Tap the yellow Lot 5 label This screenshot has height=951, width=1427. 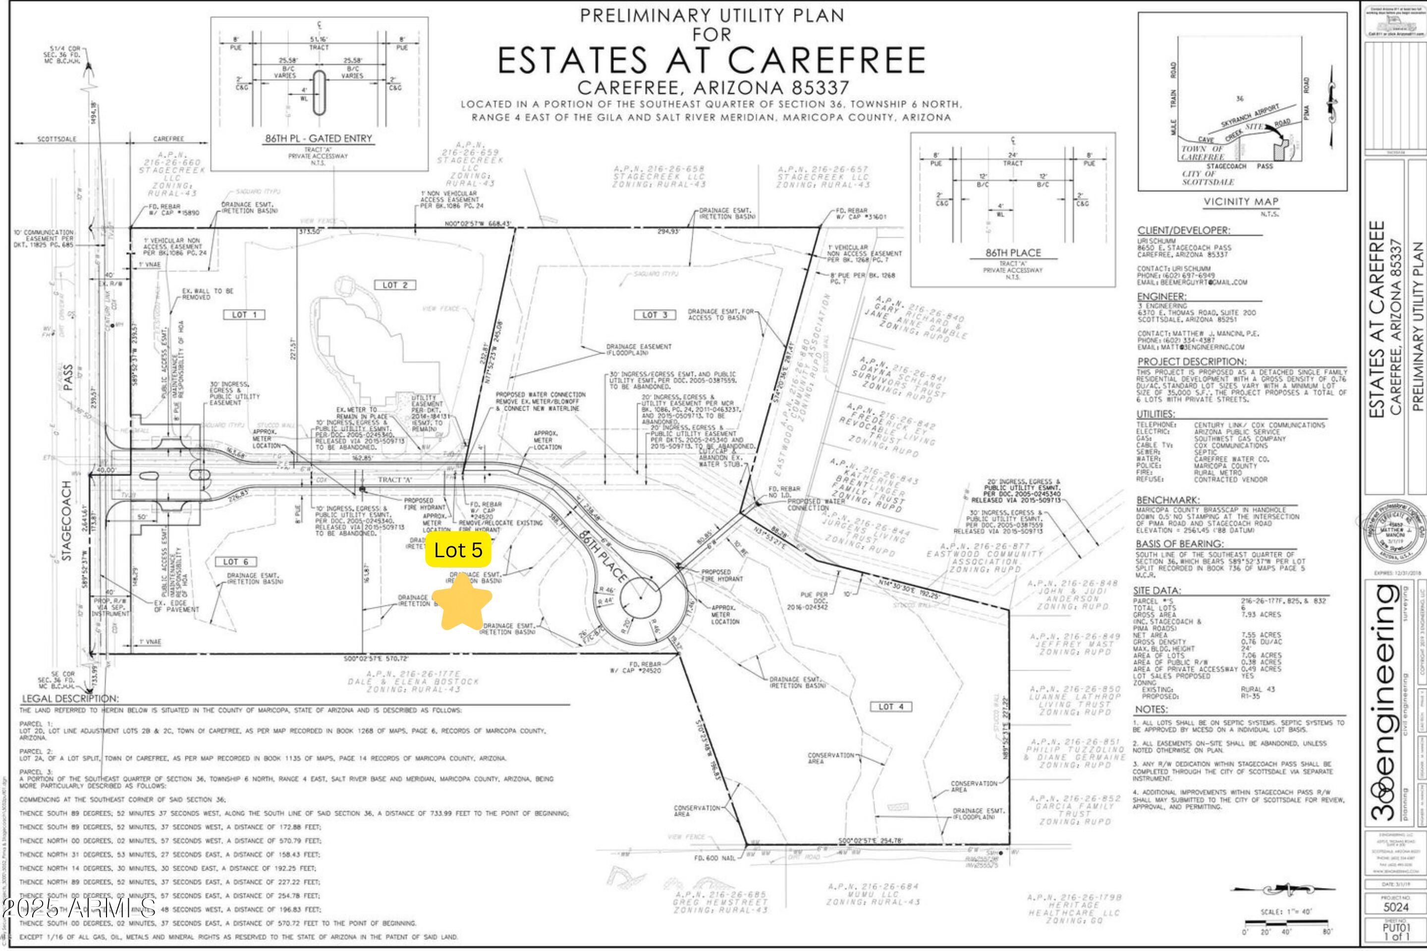(458, 550)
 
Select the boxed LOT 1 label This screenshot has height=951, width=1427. (244, 315)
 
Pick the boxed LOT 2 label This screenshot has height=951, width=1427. (395, 285)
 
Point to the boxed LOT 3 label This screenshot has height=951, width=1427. (655, 315)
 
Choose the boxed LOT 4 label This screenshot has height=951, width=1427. (891, 707)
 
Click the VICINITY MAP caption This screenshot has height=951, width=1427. (1241, 202)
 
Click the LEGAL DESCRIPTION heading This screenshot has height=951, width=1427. (70, 699)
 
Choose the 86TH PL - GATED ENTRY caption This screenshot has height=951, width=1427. (319, 138)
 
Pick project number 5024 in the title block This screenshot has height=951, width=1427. (1395, 907)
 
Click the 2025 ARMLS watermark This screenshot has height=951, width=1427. (79, 908)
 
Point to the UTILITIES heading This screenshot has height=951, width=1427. (1155, 414)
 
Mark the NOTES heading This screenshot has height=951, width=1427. (1151, 709)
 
